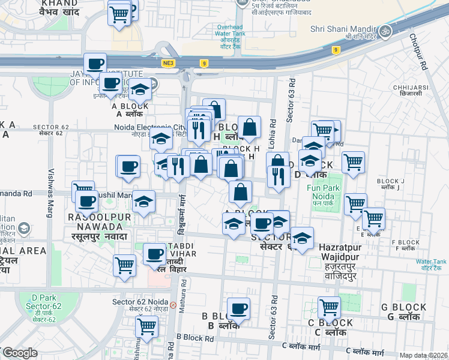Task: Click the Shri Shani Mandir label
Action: pyautogui.click(x=343, y=28)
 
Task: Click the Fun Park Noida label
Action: pyautogui.click(x=324, y=191)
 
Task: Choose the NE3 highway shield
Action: pyautogui.click(x=167, y=62)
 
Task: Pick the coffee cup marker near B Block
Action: pyautogui.click(x=239, y=309)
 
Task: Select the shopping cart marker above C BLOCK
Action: pyautogui.click(x=329, y=308)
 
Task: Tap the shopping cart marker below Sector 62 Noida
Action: pyautogui.click(x=146, y=327)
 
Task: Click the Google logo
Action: pyautogui.click(x=19, y=352)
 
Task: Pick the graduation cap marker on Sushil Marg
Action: pyautogui.click(x=143, y=202)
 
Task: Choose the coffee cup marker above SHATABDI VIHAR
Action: pyautogui.click(x=154, y=254)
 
